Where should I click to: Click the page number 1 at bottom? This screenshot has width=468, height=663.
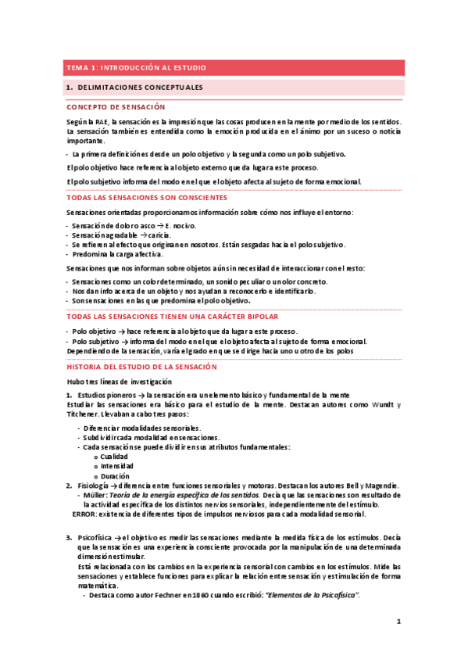398,622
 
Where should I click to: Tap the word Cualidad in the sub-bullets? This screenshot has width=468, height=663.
114,457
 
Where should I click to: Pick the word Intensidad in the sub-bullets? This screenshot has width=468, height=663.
116,466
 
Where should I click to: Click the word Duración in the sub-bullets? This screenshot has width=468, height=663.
115,476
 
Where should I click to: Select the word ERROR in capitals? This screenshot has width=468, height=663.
82,514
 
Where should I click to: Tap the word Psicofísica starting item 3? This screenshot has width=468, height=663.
94,538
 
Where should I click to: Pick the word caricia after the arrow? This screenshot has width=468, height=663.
162,234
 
